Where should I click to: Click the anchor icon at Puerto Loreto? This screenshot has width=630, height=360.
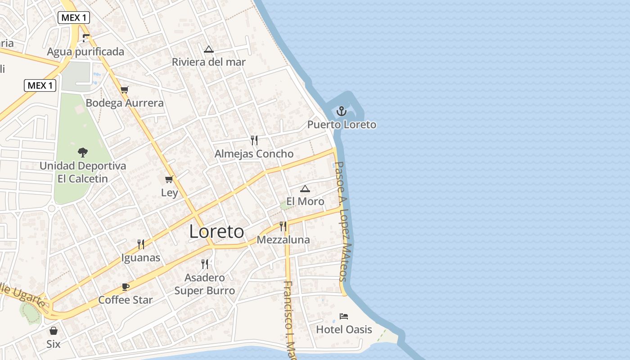click(342, 111)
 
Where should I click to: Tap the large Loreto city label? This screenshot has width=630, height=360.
click(216, 232)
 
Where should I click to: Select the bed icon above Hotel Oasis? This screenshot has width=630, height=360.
click(344, 316)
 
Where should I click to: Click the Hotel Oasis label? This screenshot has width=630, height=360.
click(344, 329)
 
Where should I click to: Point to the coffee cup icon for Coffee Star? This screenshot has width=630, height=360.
click(126, 287)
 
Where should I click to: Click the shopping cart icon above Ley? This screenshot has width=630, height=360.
click(169, 180)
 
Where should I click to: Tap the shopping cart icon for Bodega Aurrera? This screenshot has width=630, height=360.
click(125, 90)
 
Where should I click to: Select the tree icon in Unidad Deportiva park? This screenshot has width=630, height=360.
click(82, 152)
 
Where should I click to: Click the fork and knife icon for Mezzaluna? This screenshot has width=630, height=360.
click(283, 226)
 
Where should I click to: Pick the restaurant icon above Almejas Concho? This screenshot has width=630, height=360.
click(254, 140)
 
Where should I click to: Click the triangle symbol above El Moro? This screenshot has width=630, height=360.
click(305, 189)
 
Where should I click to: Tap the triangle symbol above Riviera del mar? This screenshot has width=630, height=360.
click(208, 49)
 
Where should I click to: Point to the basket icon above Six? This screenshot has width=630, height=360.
click(54, 331)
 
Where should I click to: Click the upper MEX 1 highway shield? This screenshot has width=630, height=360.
click(74, 18)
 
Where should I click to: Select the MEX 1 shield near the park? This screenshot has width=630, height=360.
click(40, 85)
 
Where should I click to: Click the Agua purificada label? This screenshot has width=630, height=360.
click(85, 52)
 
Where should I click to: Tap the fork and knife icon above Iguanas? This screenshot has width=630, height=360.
click(141, 244)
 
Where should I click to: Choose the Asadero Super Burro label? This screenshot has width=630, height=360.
click(205, 284)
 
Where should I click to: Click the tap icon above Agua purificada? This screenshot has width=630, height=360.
click(85, 38)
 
